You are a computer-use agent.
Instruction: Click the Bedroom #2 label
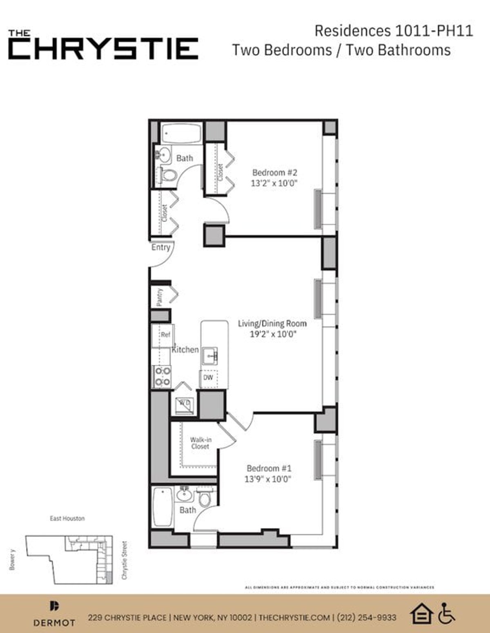(x=274, y=172)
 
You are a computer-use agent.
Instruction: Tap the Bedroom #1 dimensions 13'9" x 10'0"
(x=267, y=479)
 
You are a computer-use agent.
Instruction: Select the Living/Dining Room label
(x=272, y=324)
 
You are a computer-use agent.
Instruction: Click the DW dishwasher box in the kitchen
(x=208, y=378)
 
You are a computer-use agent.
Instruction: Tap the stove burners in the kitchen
(x=162, y=376)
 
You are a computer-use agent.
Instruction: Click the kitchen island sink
(x=209, y=356)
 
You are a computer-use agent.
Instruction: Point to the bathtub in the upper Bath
(x=182, y=133)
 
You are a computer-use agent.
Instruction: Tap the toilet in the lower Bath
(x=204, y=498)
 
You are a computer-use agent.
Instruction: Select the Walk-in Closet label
(x=200, y=443)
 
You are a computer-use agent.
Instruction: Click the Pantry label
(x=160, y=297)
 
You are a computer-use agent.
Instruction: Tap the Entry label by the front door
(x=160, y=247)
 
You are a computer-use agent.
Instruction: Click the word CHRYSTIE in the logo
(x=103, y=49)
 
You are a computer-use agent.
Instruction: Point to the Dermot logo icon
(x=54, y=606)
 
